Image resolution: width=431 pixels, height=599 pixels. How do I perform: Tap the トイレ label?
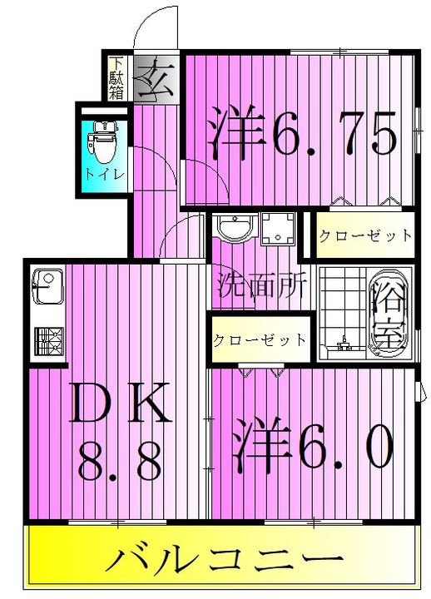click(x=104, y=175)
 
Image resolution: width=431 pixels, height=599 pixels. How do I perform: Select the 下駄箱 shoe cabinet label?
click(x=116, y=78)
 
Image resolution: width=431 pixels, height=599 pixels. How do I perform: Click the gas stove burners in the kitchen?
click(x=49, y=341)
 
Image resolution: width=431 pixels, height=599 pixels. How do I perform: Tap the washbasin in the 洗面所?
click(x=235, y=226)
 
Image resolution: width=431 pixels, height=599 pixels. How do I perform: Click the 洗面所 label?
click(x=262, y=286)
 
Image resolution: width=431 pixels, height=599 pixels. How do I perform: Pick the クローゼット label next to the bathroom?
click(x=365, y=235)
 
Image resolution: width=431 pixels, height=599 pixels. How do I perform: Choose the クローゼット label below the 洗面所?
click(x=260, y=339)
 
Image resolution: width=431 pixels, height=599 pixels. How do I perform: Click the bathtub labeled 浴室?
click(x=389, y=314)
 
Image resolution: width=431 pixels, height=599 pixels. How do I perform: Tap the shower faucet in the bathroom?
click(x=345, y=344)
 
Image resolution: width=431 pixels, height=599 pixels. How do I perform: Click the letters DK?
click(x=120, y=403)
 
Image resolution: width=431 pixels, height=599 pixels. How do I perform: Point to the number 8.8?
click(x=120, y=463)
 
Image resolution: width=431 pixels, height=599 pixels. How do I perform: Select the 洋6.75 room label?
click(x=300, y=131)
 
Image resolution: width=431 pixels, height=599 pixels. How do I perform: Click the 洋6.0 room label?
click(x=314, y=444)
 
